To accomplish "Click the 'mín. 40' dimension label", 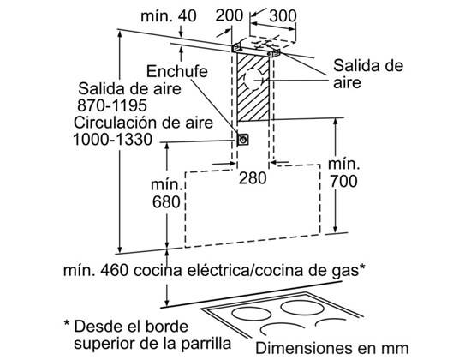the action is [169, 16].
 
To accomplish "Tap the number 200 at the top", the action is [230, 15].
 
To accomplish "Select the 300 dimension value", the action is [283, 16].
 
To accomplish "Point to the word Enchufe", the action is [177, 72].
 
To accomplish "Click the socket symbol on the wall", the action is [242, 140].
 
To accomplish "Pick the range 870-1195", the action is [112, 105].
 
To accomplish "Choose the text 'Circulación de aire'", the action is [143, 123].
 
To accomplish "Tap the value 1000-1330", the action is [113, 140].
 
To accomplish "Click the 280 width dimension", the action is [253, 178].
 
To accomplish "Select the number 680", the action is [166, 202].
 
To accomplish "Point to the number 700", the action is [343, 181].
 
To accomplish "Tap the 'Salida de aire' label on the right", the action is [368, 74].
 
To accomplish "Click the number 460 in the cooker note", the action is [114, 270].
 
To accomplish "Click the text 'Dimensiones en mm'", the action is [332, 349].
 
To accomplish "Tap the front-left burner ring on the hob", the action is [252, 315].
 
